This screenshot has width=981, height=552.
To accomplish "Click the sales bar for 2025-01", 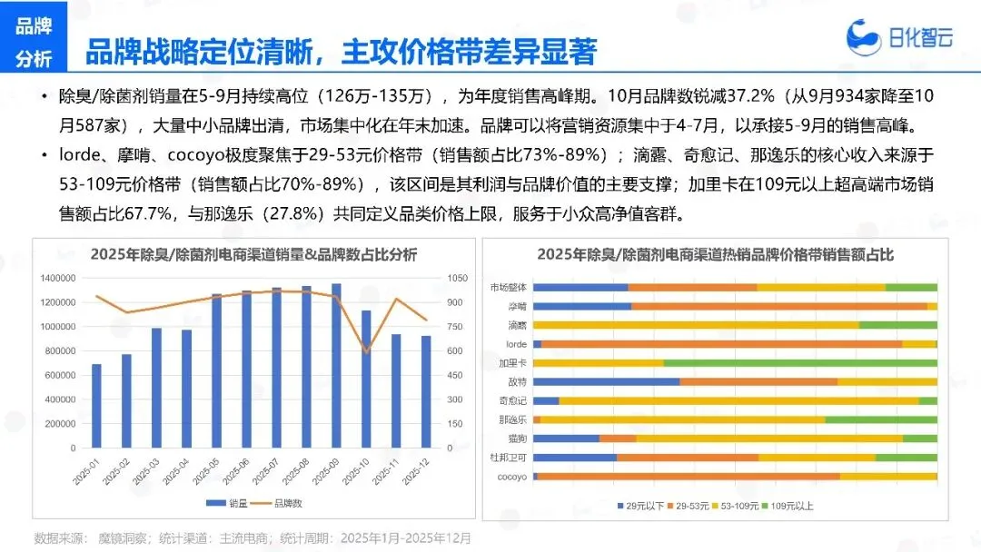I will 96,406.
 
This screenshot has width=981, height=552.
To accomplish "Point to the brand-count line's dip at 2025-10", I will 366,351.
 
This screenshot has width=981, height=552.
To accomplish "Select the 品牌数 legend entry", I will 280,503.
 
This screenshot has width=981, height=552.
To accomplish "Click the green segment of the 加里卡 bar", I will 799,363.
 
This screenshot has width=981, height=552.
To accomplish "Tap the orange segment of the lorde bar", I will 721,344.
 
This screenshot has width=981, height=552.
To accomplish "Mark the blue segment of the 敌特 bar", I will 606,382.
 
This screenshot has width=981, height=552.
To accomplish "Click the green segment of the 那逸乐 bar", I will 880,419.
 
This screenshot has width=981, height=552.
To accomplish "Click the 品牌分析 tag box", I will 34,42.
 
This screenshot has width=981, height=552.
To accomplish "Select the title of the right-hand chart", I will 715,254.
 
